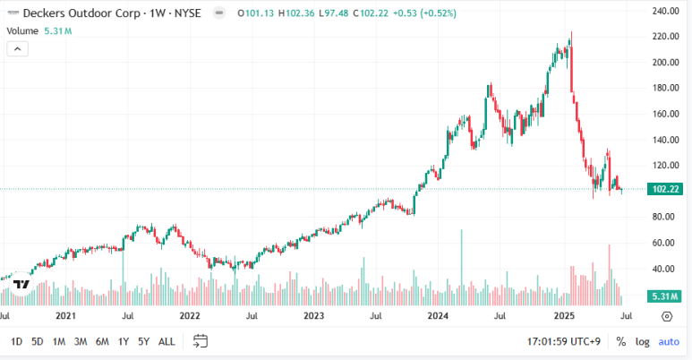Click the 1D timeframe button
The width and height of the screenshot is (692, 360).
16,341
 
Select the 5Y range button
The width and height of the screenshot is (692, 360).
143,341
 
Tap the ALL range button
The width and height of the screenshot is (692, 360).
167,341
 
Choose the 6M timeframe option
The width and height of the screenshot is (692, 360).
102,341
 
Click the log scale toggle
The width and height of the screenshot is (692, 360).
642,342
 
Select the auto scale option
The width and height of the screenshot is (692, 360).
669,341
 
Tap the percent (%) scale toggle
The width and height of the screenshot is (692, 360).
621,341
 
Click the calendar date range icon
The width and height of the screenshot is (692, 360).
201,341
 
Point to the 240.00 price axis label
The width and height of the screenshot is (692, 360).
665,11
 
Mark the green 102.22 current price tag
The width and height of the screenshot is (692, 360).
665,189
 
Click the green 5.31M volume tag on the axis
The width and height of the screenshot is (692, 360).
665,296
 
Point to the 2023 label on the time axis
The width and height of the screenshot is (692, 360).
314,316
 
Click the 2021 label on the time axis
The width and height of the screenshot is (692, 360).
65,316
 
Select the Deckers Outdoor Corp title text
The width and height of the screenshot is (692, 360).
81,13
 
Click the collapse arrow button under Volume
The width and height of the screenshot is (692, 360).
18,49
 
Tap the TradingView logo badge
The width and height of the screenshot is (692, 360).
21,285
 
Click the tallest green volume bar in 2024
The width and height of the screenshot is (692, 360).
462,267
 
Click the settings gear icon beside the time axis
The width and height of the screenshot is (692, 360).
667,316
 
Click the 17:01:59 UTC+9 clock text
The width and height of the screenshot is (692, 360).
564,341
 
